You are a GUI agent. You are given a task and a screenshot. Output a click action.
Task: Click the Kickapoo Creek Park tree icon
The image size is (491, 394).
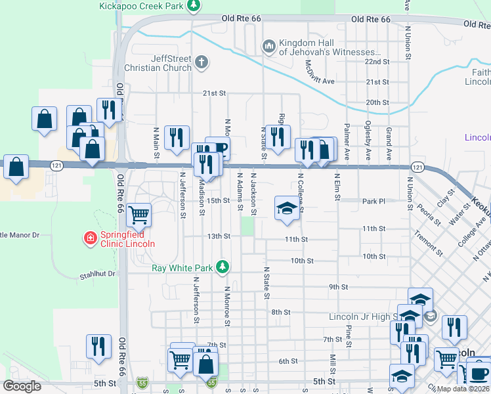pos(193,6)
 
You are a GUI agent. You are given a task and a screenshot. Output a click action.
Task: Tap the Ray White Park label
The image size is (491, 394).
pos(182,268)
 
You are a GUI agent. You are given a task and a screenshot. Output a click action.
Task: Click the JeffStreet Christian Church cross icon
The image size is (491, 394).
pos(202,63)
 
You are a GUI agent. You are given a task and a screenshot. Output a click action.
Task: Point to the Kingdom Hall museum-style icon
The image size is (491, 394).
pos(268,47)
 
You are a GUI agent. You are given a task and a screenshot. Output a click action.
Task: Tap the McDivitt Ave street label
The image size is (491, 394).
pos(320,72)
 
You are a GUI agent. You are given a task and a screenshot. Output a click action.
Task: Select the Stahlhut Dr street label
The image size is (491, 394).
pos(97,274)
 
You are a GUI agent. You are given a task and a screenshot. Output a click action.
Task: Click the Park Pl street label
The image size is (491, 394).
pos(373,200)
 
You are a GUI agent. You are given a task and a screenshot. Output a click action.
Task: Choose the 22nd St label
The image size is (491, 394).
pos(377,61)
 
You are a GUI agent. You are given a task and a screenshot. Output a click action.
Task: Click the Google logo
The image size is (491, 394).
pos(22,386)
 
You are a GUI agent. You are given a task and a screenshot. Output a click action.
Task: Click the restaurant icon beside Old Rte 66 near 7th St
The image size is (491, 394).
pos(98,347)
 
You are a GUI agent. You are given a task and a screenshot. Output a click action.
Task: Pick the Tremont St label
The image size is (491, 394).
pos(428,244)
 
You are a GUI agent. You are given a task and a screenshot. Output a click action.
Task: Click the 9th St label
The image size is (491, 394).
pos(337,287)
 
